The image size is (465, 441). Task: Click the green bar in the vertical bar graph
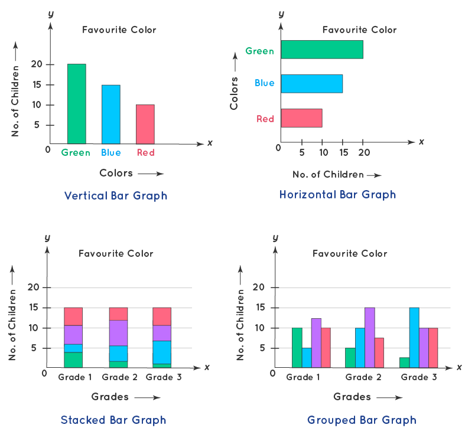[x=76, y=103]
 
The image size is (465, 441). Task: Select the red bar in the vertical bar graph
[x=145, y=124]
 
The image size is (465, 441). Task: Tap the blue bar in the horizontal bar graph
[x=311, y=83]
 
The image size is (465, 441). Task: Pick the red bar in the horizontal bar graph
[x=301, y=118]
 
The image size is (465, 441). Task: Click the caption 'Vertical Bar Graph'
[x=116, y=195]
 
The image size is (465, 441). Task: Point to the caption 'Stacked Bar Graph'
[x=113, y=420]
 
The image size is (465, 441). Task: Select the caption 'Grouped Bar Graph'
[x=362, y=420]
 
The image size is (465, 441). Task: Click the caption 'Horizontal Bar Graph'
[x=337, y=194]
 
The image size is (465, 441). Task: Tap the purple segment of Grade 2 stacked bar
[x=118, y=333]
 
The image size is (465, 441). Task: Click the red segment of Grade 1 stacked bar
[x=73, y=316]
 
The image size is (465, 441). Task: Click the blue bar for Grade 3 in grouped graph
[x=414, y=337]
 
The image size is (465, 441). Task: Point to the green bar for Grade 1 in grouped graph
[x=297, y=348]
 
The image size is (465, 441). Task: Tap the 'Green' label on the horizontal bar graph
[x=260, y=51]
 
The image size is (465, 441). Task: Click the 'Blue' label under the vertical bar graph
[x=110, y=152]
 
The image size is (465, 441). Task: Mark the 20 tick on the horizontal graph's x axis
[x=363, y=152]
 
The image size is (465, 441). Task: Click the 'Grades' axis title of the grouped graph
[x=353, y=397]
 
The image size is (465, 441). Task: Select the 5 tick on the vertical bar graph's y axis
[x=37, y=125]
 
